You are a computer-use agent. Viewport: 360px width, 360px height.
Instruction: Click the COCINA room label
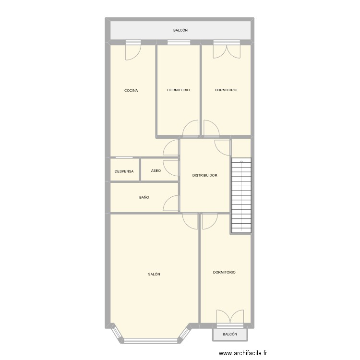131,90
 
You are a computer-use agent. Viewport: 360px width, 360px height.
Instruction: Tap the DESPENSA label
124,171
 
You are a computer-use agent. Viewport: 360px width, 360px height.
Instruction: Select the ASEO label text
156,170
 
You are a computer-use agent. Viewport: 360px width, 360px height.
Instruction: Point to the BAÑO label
144,197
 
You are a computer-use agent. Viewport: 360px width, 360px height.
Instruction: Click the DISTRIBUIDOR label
205,176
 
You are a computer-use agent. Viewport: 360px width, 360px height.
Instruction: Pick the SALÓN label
154,274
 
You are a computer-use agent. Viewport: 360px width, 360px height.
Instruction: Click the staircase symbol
241,195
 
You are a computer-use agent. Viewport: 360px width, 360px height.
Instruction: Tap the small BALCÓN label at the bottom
230,334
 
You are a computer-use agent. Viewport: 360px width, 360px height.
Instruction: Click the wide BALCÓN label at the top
180,31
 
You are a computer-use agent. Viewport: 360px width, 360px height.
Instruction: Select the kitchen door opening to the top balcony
132,51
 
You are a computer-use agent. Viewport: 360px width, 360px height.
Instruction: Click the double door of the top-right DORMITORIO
227,50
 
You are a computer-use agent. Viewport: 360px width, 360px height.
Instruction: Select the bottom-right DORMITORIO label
224,272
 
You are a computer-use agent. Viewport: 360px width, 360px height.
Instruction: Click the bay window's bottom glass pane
151,341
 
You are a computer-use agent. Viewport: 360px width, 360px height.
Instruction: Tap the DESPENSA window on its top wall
125,157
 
